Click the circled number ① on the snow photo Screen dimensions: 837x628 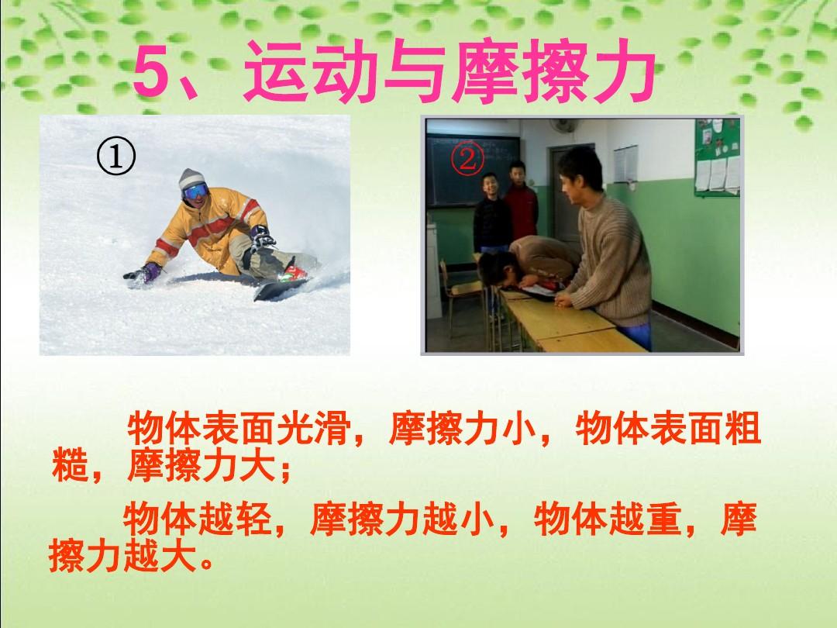pyautogui.click(x=115, y=157)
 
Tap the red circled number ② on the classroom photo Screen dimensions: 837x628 pyautogui.click(x=467, y=158)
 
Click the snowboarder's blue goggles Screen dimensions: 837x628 pyautogui.click(x=195, y=191)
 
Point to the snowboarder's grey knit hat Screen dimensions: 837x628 pyautogui.click(x=191, y=178)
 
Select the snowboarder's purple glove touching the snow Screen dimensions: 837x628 pyautogui.click(x=143, y=273)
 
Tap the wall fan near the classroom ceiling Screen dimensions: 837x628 pyautogui.click(x=564, y=126)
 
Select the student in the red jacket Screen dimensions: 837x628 pyautogui.click(x=520, y=205)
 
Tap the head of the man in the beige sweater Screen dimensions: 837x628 pyautogui.click(x=580, y=171)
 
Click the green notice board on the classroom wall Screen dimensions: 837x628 pyautogui.click(x=717, y=157)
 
